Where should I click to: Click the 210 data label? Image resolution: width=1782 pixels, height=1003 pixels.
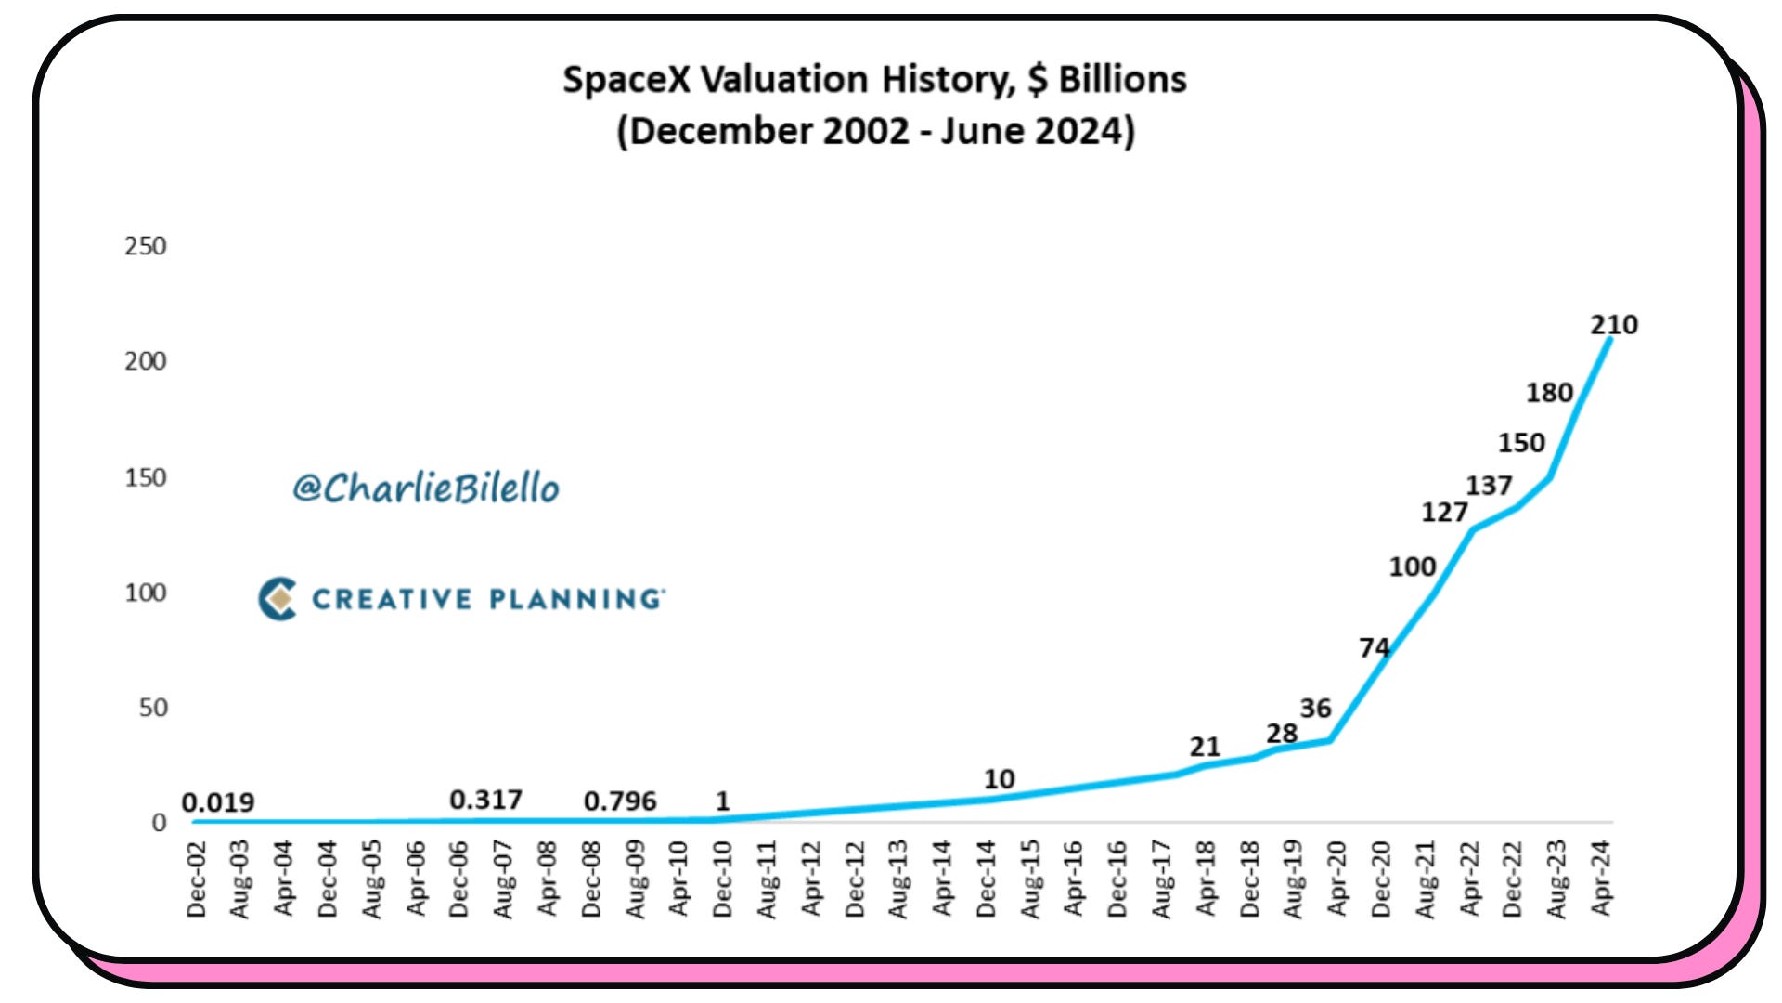[x=1614, y=325]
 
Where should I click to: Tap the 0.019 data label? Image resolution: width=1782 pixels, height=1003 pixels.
[x=218, y=802]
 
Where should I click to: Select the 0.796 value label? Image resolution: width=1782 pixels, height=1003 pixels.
[x=620, y=801]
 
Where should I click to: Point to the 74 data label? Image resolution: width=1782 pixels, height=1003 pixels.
[x=1375, y=647]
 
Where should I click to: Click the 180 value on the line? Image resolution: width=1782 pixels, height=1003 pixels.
[x=1549, y=393]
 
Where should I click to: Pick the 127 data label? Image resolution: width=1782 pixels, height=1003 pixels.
[x=1444, y=513]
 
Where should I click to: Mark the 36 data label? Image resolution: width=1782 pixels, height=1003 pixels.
[x=1315, y=709]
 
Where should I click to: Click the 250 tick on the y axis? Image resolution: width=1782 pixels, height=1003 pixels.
[x=146, y=246]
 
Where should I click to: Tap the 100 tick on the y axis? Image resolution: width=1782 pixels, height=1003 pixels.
[x=146, y=593]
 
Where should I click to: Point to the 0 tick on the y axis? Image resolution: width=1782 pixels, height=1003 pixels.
[x=159, y=823]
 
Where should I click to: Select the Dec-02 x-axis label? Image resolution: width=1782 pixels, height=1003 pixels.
[x=197, y=879]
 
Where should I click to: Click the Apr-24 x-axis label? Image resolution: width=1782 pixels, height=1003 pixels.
[x=1601, y=879]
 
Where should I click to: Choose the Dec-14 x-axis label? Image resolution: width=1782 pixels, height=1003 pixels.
[x=987, y=879]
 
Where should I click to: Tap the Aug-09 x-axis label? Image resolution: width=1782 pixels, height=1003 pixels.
[x=636, y=879]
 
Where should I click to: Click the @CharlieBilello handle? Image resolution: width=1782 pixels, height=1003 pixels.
[x=426, y=488]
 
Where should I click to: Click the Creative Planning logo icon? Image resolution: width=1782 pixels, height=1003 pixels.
[x=278, y=599]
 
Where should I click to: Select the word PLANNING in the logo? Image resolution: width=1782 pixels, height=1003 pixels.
[x=576, y=599]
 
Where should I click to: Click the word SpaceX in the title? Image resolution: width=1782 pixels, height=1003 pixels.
[x=626, y=81]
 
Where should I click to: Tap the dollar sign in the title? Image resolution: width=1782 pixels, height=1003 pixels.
[x=1038, y=81]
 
